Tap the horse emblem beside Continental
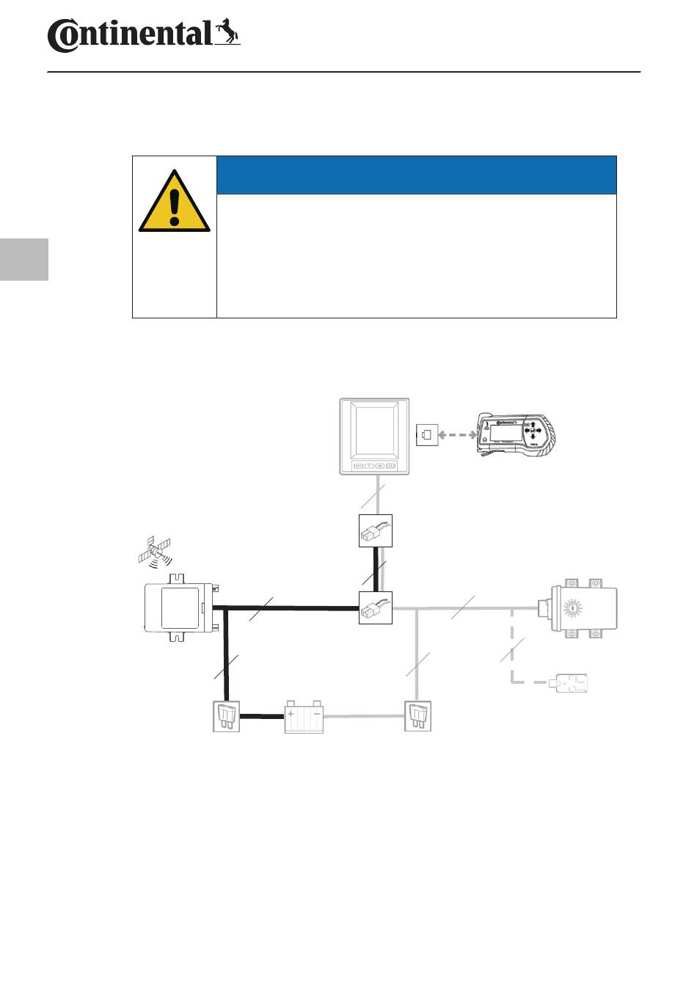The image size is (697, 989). coord(227,32)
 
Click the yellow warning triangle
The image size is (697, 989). coord(174,202)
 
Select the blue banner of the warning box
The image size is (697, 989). coord(417,175)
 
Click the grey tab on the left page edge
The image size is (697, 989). coord(23,259)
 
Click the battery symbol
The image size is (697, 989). coord(304,717)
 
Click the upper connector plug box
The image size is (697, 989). coord(375,530)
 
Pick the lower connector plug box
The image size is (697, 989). coord(375,607)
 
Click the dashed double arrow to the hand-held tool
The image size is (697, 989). coord(457,435)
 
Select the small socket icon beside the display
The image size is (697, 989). coord(426,434)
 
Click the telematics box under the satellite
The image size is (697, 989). coord(179,607)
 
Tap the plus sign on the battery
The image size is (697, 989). coord(291,713)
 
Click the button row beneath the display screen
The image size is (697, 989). coord(374,465)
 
